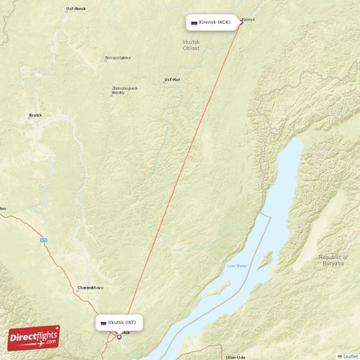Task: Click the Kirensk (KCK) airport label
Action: [213, 22]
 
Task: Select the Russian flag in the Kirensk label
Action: [194, 23]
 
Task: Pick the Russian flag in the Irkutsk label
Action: [104, 323]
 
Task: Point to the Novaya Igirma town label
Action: [118, 58]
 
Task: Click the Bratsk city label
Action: [35, 114]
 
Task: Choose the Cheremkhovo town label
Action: [90, 287]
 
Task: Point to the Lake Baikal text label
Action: [237, 266]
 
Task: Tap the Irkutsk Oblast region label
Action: [192, 45]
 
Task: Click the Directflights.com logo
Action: [34, 337]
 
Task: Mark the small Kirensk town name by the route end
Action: [248, 19]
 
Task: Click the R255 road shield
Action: [44, 240]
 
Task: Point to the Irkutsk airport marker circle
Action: [120, 336]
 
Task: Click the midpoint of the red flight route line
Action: [180, 179]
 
